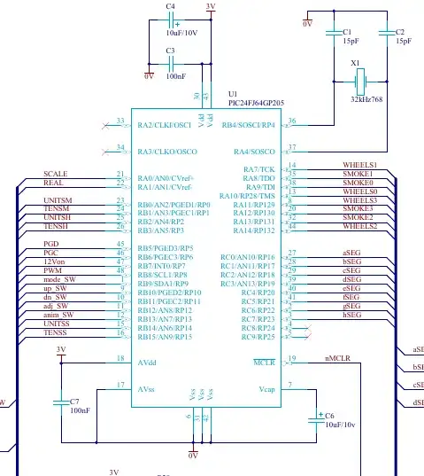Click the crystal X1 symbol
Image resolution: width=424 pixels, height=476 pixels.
pos(358,83)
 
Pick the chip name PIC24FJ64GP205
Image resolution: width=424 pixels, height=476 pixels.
pos(256,102)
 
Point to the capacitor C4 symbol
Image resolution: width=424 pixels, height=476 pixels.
pos(176,25)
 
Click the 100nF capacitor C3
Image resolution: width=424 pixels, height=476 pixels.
pos(176,64)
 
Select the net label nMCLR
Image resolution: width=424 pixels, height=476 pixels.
pos(338,359)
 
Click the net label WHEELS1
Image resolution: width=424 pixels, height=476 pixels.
pos(359,166)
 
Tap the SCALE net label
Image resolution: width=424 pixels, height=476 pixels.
pos(56,174)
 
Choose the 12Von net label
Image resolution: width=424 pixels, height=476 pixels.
pos(54,262)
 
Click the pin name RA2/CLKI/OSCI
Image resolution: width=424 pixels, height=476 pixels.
pos(165,125)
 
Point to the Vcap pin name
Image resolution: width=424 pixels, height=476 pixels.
pos(267,389)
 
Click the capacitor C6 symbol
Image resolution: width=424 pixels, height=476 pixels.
pos(313,418)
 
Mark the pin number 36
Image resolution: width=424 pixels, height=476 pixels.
pos(293,121)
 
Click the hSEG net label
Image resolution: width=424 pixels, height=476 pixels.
pos(352,315)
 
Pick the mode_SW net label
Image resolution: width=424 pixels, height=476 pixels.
pos(59,279)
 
